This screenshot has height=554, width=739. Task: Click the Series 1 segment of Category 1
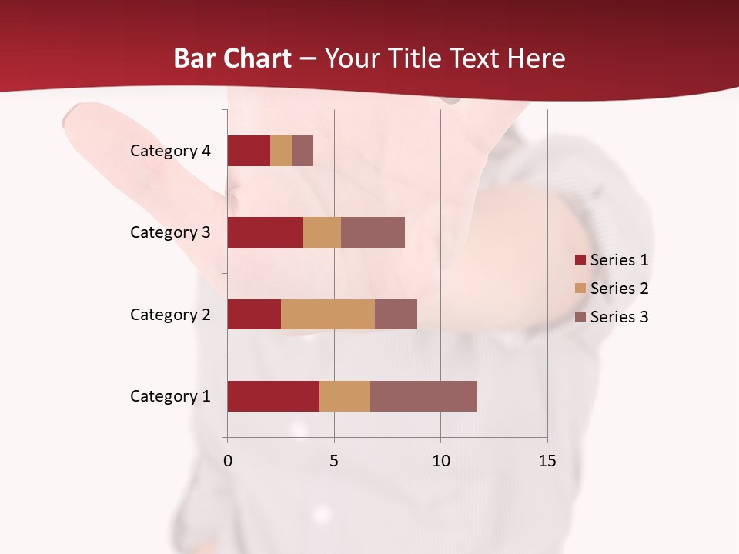click(273, 396)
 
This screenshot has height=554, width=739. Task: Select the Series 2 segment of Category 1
click(345, 396)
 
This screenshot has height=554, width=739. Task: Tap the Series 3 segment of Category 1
click(423, 396)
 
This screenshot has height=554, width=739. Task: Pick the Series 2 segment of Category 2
click(328, 314)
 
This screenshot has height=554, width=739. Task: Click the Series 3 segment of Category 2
click(396, 314)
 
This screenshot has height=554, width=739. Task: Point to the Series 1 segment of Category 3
click(265, 232)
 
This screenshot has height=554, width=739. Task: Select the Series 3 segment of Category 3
click(373, 232)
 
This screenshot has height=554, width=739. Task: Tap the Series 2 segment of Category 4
click(281, 151)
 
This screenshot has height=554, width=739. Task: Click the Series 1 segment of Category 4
click(249, 151)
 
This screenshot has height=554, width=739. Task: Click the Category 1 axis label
click(170, 396)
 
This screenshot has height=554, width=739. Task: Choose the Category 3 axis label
click(170, 232)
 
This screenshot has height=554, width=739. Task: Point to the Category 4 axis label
click(170, 151)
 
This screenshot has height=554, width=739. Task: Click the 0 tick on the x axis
click(227, 461)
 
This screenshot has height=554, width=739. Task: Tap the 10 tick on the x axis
click(440, 461)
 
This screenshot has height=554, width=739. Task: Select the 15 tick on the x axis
click(547, 461)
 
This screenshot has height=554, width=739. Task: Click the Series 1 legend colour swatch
click(580, 260)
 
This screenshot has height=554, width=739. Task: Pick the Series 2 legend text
click(619, 289)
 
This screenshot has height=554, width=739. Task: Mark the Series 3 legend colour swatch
click(580, 317)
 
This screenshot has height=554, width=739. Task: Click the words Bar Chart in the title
click(232, 58)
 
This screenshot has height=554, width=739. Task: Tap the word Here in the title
click(536, 58)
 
